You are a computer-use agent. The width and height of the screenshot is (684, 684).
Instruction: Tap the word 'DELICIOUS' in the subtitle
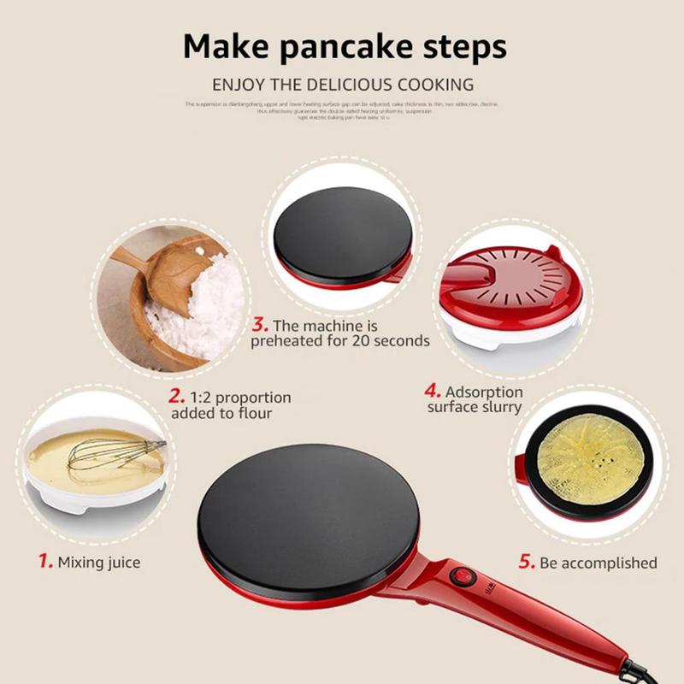pyautogui.click(x=339, y=85)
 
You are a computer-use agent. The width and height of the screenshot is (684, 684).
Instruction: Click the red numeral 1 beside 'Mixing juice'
pyautogui.click(x=44, y=562)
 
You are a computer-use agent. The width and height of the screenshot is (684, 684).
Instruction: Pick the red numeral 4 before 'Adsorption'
pyautogui.click(x=433, y=391)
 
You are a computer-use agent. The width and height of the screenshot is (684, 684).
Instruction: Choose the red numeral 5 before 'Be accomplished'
pyautogui.click(x=527, y=562)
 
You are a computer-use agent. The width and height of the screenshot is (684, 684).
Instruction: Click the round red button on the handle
pyautogui.click(x=462, y=575)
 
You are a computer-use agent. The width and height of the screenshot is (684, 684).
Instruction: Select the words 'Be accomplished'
pyautogui.click(x=598, y=563)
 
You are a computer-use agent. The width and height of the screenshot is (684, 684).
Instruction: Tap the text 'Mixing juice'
pyautogui.click(x=98, y=563)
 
